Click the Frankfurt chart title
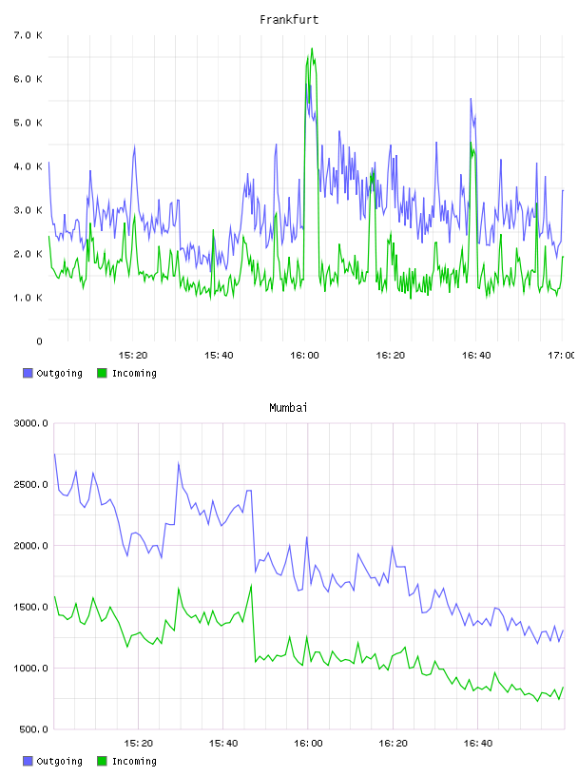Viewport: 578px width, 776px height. [289, 20]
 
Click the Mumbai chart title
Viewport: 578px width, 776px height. [288, 408]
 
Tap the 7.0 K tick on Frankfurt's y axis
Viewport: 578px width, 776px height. [29, 35]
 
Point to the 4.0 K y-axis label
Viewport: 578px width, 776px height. [29, 166]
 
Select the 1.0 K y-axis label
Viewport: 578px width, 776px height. [29, 298]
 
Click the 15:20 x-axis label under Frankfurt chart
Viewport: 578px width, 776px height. [133, 355]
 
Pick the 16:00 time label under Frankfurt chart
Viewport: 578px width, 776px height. [305, 355]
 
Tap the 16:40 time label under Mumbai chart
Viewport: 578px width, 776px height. [478, 743]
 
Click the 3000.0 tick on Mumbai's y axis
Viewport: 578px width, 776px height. [31, 423]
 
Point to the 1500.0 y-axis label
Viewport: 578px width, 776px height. [31, 607]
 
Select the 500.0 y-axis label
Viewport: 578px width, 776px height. [34, 729]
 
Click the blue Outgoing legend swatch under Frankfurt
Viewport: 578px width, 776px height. [28, 373]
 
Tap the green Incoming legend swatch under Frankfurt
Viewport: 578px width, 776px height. [102, 373]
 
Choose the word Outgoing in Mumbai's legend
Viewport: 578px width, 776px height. [59, 761]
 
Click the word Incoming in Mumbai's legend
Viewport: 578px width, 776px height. [134, 761]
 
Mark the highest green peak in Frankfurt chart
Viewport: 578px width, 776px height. [312, 48]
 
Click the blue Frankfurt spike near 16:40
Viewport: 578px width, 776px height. [472, 99]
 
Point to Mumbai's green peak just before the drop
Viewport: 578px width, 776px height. [251, 586]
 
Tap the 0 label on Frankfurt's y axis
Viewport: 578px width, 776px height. [40, 341]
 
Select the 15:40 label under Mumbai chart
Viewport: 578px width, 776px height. [223, 743]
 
